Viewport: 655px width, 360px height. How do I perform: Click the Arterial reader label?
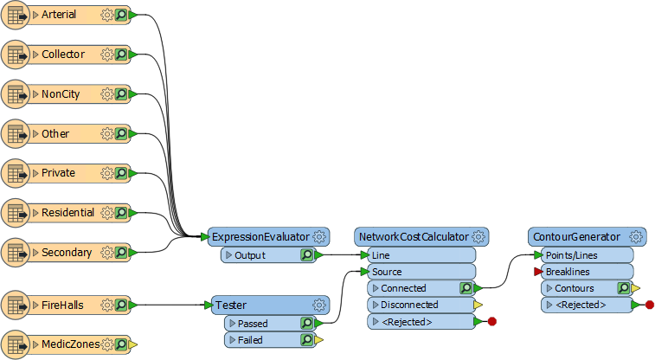[59, 15]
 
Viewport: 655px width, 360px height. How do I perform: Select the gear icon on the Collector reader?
[107, 55]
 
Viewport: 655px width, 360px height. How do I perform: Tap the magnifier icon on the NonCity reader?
[121, 94]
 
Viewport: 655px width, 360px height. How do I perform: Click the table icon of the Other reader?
[16, 134]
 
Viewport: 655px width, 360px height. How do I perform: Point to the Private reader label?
[58, 173]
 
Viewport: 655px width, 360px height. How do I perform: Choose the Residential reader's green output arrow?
[133, 213]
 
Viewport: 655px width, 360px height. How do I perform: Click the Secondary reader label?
[67, 253]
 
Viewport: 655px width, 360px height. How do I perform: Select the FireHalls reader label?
[62, 305]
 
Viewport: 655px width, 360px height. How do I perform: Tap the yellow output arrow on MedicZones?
[133, 345]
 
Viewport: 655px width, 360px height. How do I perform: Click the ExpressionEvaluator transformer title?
[260, 237]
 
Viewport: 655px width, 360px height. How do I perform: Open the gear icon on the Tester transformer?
[319, 305]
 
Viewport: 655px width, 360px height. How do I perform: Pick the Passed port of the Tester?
[253, 324]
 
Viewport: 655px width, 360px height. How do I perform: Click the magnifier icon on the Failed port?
[306, 340]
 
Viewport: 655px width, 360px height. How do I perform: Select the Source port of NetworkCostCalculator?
[387, 272]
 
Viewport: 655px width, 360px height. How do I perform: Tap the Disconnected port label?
[409, 305]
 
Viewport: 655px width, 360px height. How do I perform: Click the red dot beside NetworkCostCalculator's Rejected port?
[492, 322]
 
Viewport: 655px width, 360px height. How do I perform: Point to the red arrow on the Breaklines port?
[538, 272]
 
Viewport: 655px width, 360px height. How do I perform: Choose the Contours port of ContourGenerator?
[574, 288]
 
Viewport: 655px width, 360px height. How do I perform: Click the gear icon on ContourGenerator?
[636, 237]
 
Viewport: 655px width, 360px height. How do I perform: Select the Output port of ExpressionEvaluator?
[250, 255]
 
